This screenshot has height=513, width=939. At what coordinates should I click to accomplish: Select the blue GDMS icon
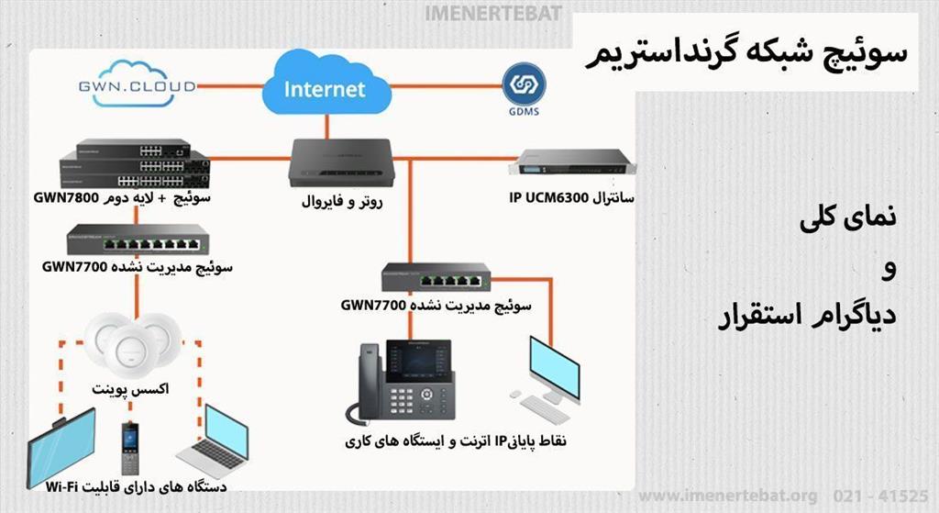pyautogui.click(x=524, y=85)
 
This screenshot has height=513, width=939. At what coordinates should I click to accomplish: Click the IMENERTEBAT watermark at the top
pyautogui.click(x=493, y=16)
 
